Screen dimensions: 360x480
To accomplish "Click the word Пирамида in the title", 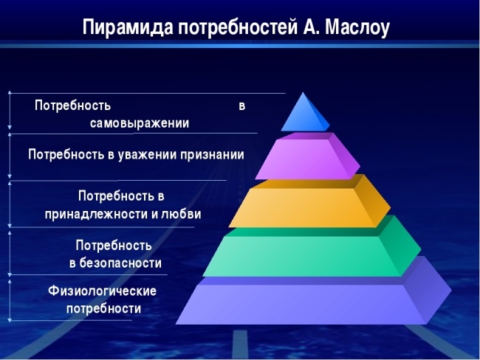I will point(126,27).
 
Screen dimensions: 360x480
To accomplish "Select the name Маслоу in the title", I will point(353,27).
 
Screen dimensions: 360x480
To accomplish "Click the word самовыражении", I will point(140,123).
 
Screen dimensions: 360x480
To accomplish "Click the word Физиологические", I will point(102,291).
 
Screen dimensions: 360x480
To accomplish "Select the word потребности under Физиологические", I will point(103,308).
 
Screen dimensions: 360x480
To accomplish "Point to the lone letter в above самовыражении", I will point(241,105).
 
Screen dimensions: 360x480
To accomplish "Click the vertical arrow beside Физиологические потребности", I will point(10,300).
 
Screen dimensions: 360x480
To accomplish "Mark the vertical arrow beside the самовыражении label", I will point(10,112).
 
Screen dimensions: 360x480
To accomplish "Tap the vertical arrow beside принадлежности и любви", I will point(10,205).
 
